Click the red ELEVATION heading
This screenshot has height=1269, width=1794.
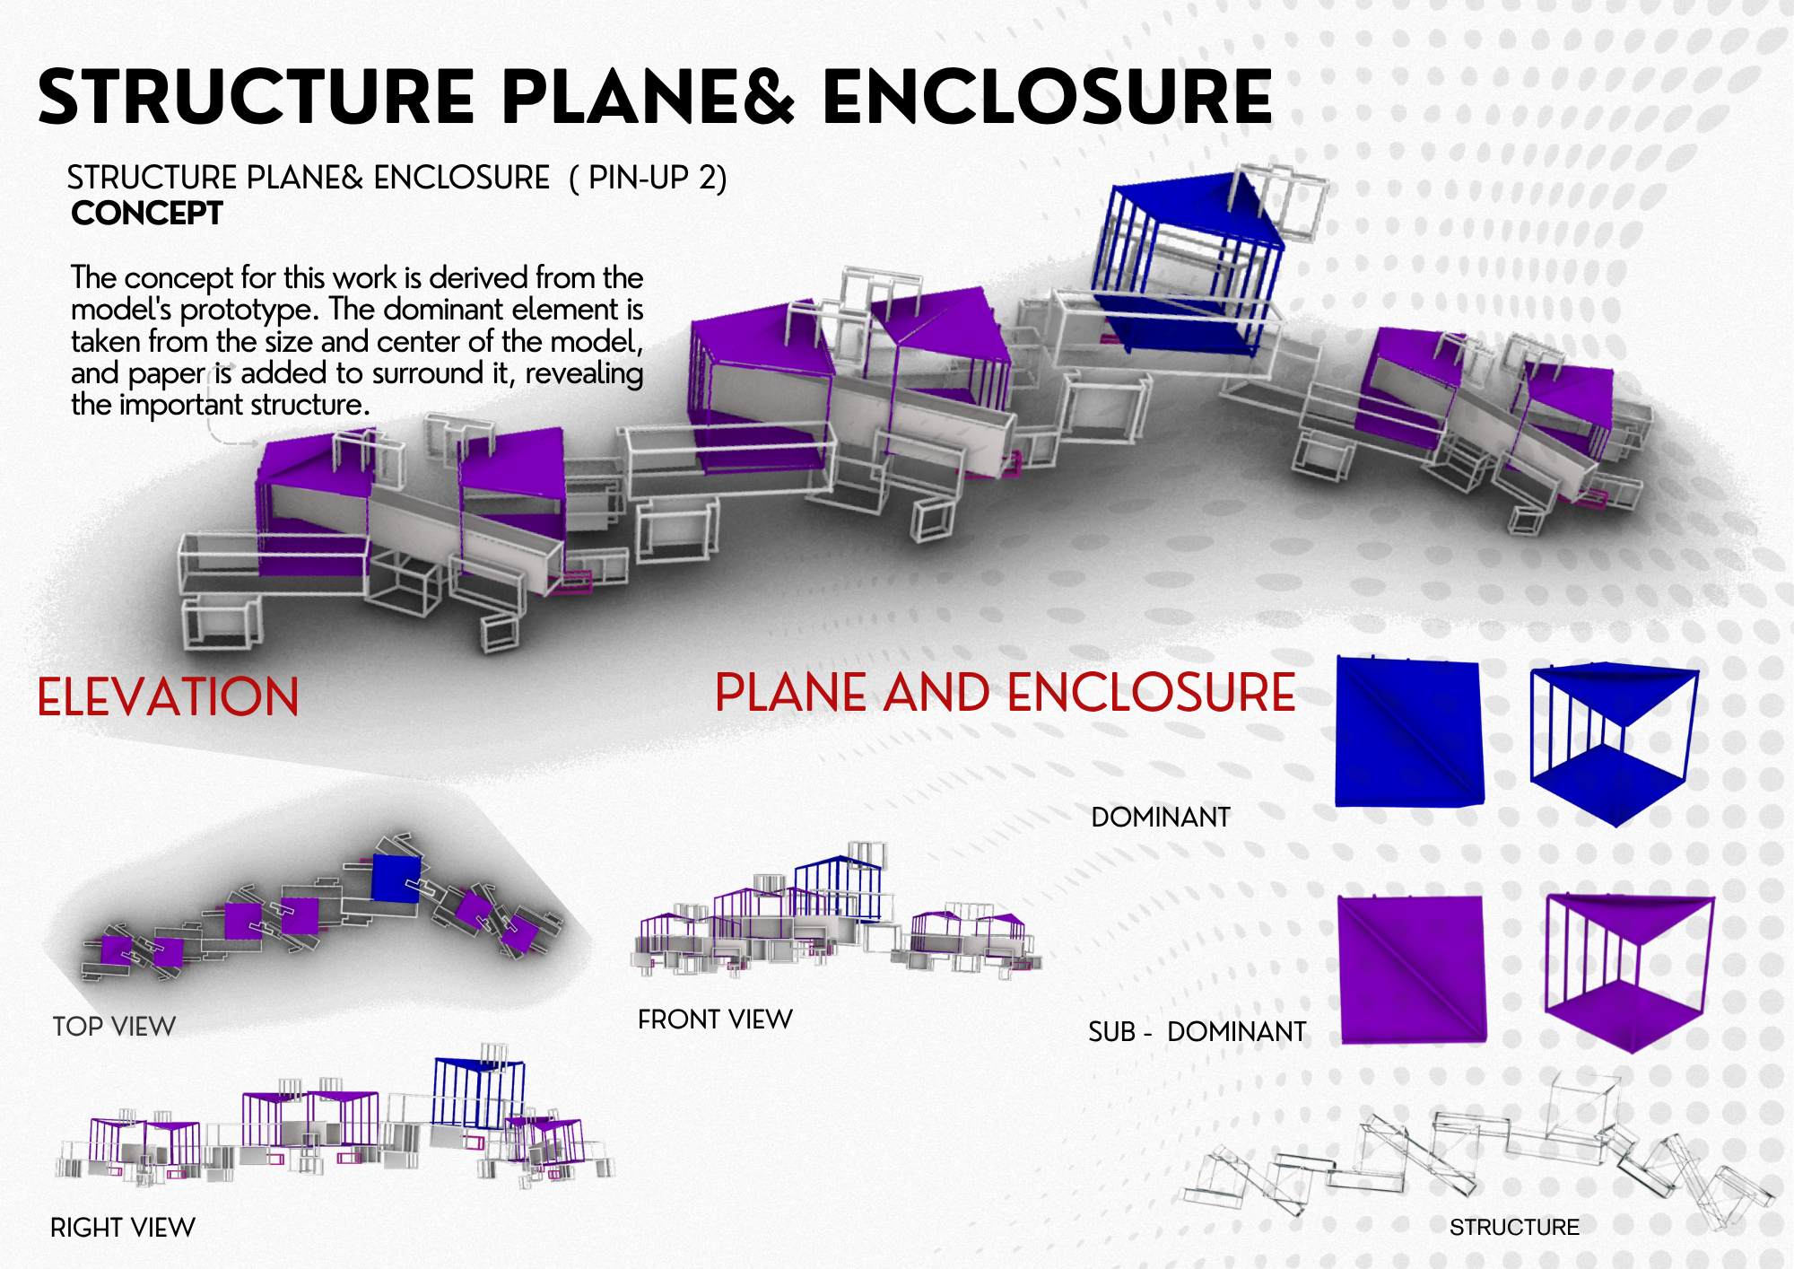point(168,697)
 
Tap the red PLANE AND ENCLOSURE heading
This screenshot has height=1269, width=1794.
point(1006,692)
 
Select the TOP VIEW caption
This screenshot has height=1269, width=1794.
point(114,1026)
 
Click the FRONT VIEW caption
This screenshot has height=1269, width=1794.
point(715,1020)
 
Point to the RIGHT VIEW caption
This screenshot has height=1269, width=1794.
point(123,1227)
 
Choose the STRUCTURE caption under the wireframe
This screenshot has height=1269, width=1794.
point(1514,1227)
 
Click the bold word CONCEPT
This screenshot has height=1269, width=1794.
point(147,214)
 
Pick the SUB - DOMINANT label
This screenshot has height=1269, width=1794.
point(1197,1032)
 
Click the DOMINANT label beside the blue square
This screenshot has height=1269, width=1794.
point(1161,818)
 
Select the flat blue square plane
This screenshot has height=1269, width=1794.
point(1408,731)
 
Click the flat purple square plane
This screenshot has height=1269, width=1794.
point(1412,969)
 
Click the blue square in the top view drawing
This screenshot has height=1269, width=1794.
point(396,878)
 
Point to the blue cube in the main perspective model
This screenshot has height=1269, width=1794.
point(1186,265)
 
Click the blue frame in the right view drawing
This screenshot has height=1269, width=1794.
point(478,1093)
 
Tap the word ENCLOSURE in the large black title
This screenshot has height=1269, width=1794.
point(1047,97)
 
